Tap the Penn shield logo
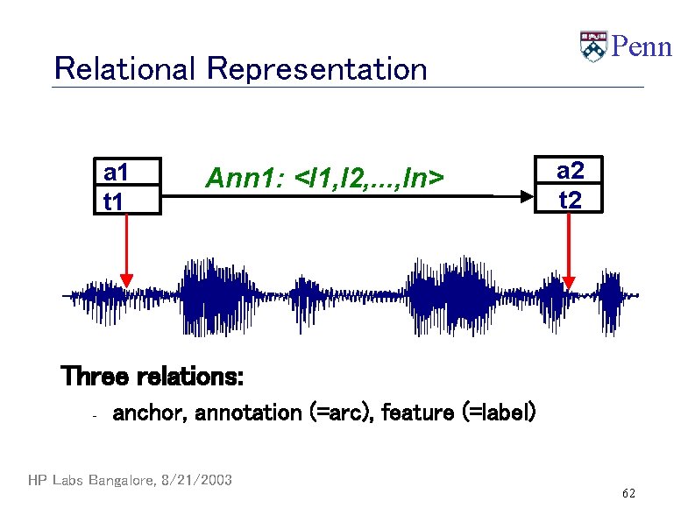pyautogui.click(x=593, y=46)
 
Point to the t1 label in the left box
pyautogui.click(x=114, y=201)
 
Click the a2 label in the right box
pyautogui.click(x=571, y=172)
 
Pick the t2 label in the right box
pyautogui.click(x=570, y=201)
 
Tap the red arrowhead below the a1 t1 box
pyautogui.click(x=127, y=280)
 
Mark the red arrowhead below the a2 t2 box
pyautogui.click(x=570, y=281)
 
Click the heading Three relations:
pyautogui.click(x=152, y=377)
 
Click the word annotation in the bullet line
pyautogui.click(x=248, y=412)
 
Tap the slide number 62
pyautogui.click(x=628, y=495)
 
